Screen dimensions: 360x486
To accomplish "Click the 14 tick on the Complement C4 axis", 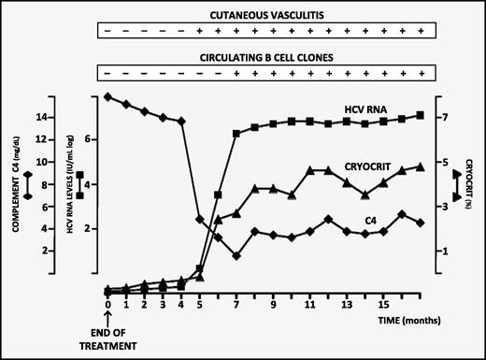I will tap(40, 117).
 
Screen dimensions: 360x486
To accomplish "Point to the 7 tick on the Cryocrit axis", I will tap(446, 117).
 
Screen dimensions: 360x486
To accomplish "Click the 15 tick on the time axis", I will tap(383, 304).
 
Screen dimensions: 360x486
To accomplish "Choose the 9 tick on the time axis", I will tap(273, 304).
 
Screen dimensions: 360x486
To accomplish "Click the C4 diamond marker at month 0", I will tap(108, 96).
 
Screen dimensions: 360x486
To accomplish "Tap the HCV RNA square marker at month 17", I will tap(421, 115).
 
